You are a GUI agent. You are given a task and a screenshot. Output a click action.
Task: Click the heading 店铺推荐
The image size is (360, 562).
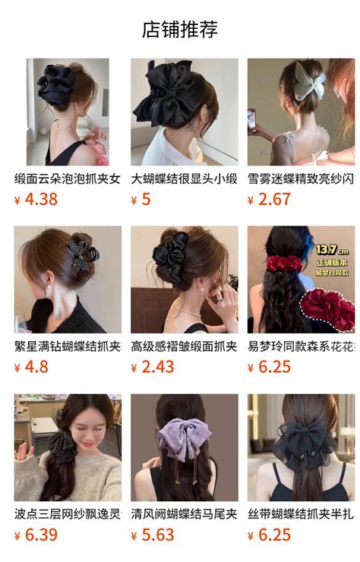click(180, 29)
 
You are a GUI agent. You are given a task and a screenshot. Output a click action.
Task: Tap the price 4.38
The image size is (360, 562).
click(36, 200)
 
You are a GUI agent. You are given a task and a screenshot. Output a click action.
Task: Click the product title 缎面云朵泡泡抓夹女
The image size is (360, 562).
click(68, 179)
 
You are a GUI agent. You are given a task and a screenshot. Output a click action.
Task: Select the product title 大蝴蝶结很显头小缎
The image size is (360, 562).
click(184, 179)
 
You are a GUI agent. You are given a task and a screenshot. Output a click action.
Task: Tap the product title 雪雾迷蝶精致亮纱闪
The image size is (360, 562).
click(301, 179)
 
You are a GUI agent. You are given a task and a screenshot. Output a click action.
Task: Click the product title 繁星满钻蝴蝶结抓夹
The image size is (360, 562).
click(68, 346)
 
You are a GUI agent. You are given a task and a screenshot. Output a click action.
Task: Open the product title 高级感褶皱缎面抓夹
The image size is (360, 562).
click(184, 346)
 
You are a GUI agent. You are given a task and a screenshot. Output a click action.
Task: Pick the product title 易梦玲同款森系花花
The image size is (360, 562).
click(301, 346)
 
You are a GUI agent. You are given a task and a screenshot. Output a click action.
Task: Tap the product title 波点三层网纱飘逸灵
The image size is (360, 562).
click(68, 514)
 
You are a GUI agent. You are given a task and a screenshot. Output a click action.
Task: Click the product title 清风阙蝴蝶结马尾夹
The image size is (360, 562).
click(184, 514)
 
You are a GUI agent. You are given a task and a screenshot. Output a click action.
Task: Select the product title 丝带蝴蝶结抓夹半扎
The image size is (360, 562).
click(301, 514)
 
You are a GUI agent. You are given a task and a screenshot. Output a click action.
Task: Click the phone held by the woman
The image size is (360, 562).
click(251, 120)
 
